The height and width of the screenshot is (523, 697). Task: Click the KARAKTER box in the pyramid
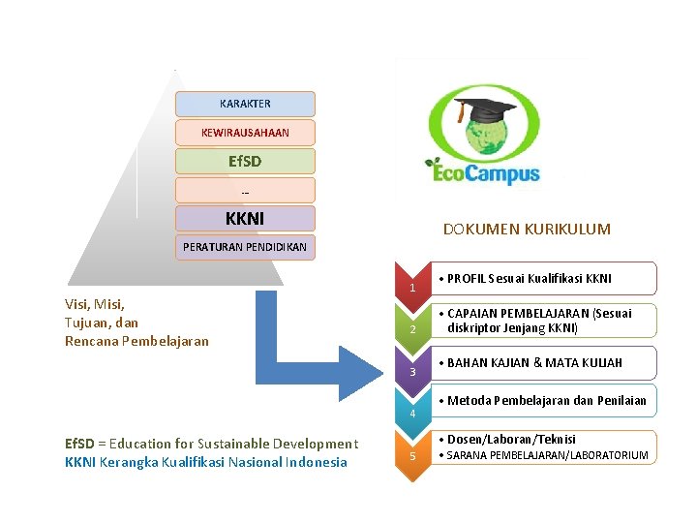[245, 104]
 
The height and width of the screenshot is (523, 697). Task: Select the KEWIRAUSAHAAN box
[245, 132]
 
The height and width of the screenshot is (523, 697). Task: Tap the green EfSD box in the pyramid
[245, 161]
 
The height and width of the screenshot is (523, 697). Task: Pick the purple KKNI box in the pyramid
[245, 219]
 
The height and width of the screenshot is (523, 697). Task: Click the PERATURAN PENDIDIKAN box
[245, 247]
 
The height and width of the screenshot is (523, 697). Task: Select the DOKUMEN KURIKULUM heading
[527, 230]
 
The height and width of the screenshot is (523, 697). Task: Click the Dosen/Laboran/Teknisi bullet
[511, 440]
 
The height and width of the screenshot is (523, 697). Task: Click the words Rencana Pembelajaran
[136, 341]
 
